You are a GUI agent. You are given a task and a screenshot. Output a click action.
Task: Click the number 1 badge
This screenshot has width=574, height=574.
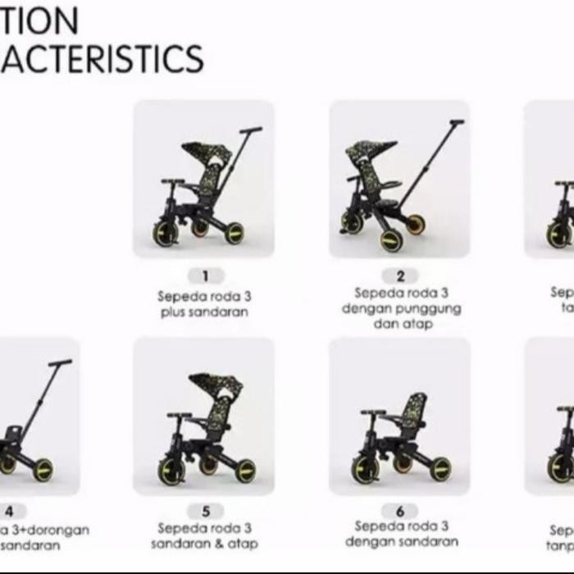205,276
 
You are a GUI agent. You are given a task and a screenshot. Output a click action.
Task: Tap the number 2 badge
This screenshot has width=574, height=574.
400,276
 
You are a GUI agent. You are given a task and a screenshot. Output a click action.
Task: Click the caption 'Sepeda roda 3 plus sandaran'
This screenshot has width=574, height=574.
204,304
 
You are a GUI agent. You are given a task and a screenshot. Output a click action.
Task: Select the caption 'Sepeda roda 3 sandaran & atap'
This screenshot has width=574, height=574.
205,535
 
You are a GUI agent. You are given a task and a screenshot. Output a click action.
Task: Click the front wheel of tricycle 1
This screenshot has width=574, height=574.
165,233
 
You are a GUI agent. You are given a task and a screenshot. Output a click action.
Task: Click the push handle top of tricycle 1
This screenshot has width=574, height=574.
252,130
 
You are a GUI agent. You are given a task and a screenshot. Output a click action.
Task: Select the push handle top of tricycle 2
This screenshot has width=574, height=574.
456,122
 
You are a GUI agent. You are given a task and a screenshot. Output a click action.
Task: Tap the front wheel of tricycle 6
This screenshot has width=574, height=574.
364,468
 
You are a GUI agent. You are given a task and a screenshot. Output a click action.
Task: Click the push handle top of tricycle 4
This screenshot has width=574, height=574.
60,362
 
